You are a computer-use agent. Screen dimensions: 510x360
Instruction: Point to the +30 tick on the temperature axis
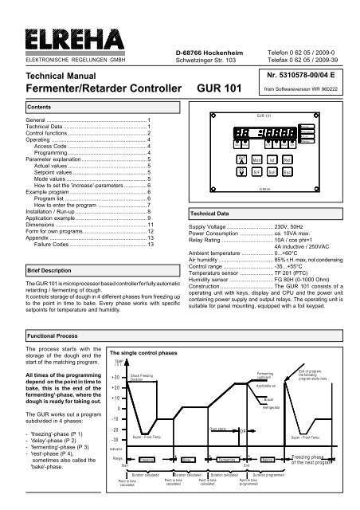115,377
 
